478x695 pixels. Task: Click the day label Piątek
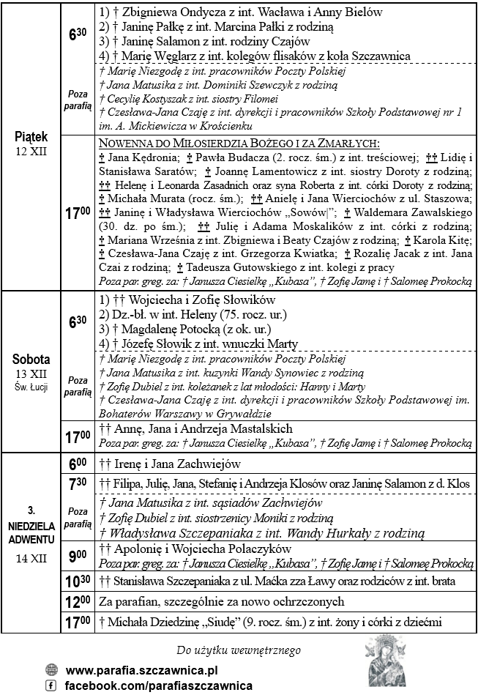click(x=31, y=137)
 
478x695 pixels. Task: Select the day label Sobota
click(x=31, y=360)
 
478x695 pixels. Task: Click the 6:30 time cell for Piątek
click(x=79, y=34)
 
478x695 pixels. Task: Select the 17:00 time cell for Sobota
click(x=79, y=436)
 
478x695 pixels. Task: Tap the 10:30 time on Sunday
click(x=79, y=581)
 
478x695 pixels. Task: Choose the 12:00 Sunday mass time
click(x=79, y=602)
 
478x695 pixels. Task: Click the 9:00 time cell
click(x=79, y=556)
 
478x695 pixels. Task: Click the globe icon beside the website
click(x=51, y=669)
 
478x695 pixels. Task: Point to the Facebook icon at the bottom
click(x=51, y=685)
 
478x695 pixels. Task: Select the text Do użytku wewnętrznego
click(x=239, y=650)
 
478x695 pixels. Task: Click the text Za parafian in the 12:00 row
click(x=127, y=602)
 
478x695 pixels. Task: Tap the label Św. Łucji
click(x=31, y=387)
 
